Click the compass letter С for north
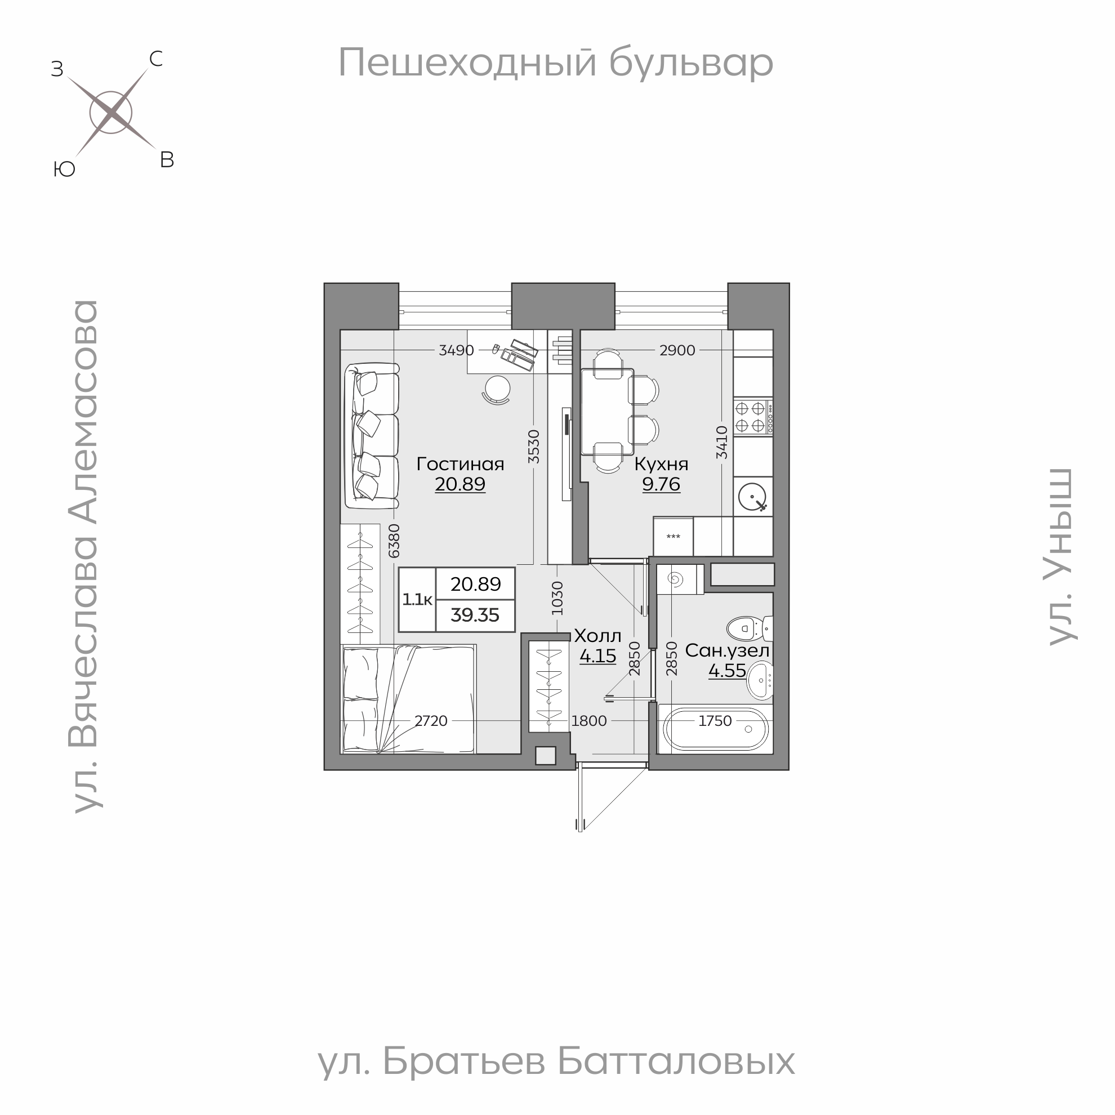tap(156, 59)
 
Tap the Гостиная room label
tap(460, 464)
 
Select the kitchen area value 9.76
tap(661, 484)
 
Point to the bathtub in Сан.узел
tap(716, 729)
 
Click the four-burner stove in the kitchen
tap(752, 417)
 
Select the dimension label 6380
tap(394, 540)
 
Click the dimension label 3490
tap(456, 350)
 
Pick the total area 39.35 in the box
tap(474, 615)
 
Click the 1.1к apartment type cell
tap(417, 600)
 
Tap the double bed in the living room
tap(408, 699)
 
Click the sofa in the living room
tap(372, 435)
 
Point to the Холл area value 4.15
tap(597, 656)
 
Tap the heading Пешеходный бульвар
tap(555, 64)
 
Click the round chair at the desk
tap(496, 389)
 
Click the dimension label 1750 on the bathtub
tap(715, 721)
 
